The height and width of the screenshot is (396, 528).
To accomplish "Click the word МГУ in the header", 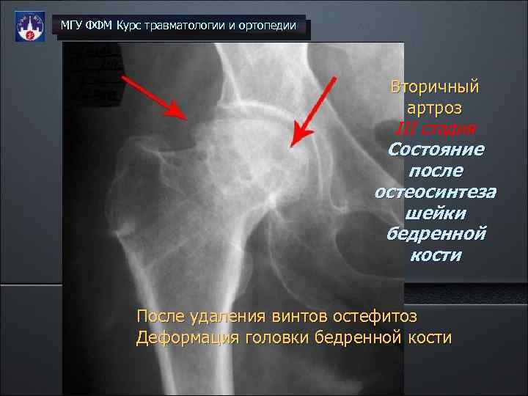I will [x=72, y=26].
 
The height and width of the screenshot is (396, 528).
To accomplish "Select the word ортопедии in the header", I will [x=268, y=26].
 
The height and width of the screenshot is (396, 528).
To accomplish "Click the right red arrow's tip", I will [x=293, y=144].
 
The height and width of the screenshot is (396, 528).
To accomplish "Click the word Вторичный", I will [x=435, y=87].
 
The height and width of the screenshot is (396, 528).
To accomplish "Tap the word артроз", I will [x=435, y=108].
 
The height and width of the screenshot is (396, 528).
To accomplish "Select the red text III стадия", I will [x=435, y=129].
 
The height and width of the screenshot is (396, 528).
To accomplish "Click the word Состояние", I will [x=435, y=150].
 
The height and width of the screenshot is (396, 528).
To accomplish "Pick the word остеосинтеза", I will [x=435, y=192].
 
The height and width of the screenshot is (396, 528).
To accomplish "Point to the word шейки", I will [x=435, y=213].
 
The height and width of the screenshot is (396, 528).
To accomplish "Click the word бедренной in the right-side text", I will [x=435, y=234].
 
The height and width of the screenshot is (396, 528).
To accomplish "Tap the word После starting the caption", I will [x=157, y=318].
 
